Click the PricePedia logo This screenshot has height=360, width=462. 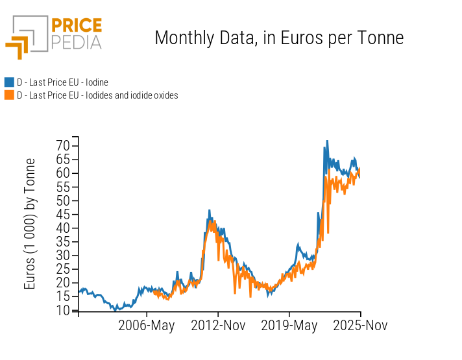(x=53, y=36)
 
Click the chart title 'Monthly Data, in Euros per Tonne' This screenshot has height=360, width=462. (x=279, y=38)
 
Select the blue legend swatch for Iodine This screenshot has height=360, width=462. (x=9, y=82)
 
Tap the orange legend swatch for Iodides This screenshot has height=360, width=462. (x=9, y=95)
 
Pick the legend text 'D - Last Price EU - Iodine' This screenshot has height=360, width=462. (x=62, y=82)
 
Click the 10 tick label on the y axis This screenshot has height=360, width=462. (x=62, y=310)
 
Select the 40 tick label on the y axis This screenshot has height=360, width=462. (x=62, y=228)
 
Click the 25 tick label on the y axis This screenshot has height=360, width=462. (x=62, y=269)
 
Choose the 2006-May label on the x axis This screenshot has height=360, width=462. (x=146, y=326)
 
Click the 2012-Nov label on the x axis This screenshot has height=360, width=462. (x=218, y=326)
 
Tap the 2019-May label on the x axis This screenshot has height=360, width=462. (x=289, y=326)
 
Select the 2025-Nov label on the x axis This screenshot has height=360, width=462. (x=360, y=326)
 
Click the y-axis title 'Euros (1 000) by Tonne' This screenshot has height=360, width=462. (x=30, y=224)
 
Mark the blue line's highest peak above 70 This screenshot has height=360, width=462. (x=327, y=141)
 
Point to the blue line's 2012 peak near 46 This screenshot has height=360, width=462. (x=209, y=211)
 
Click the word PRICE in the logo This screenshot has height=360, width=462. (x=76, y=26)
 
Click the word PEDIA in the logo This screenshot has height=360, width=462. (x=76, y=42)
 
